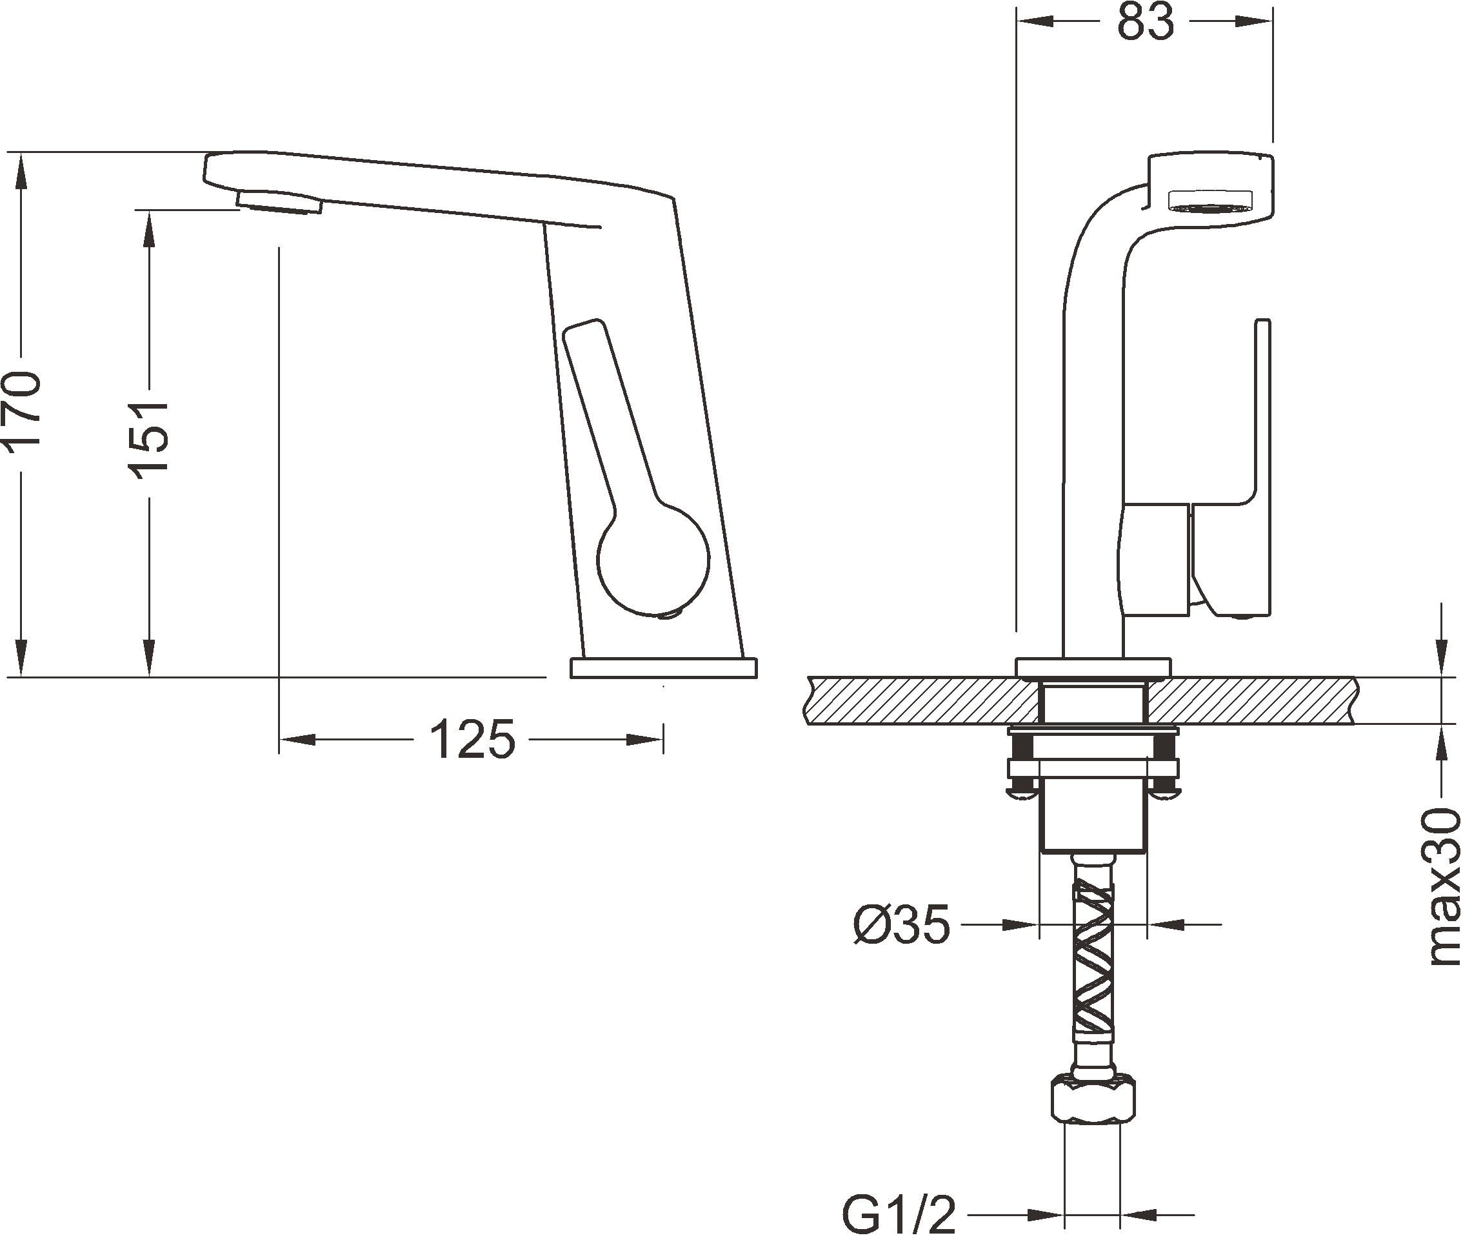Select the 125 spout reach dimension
point(472,740)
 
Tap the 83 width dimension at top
point(1144,23)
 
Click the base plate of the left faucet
point(663,667)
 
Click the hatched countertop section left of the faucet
point(918,700)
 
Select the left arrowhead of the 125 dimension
point(297,740)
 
